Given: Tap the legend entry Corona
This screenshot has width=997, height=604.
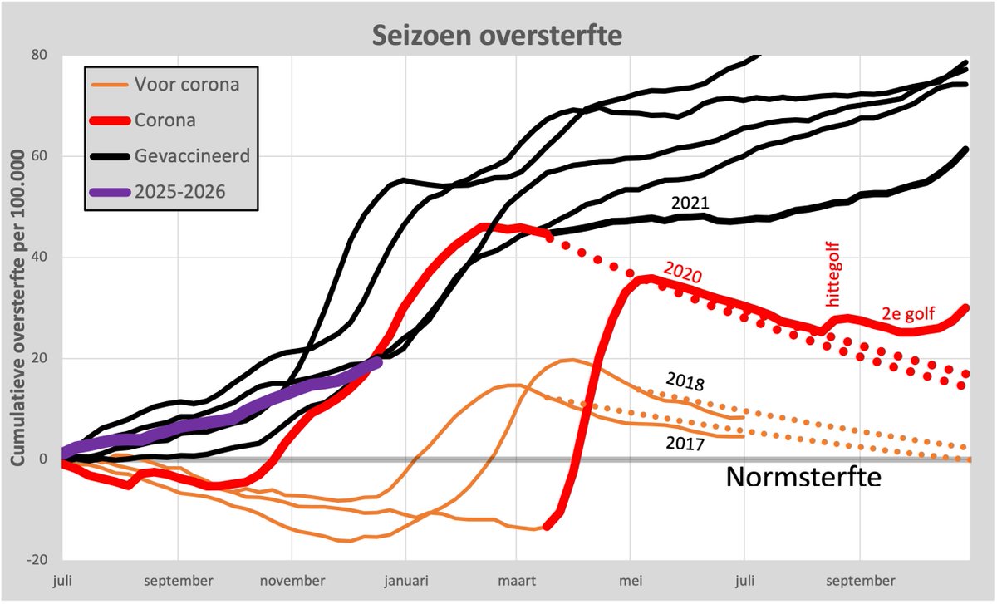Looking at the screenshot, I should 165,120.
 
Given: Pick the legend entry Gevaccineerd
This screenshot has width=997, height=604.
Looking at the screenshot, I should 193,156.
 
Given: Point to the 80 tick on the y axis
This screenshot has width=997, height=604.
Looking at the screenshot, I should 39,55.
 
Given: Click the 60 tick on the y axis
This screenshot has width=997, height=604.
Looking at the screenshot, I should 39,156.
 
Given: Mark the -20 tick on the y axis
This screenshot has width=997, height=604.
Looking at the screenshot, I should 37,561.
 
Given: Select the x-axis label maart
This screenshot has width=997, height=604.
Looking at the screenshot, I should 517,580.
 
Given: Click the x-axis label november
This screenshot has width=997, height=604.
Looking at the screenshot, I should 292,580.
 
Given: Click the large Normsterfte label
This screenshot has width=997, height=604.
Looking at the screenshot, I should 803,478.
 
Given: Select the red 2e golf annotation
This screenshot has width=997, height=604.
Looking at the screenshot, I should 907,315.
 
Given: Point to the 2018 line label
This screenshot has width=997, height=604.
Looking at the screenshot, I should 685,381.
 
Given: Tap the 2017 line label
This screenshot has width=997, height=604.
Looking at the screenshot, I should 685,444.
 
